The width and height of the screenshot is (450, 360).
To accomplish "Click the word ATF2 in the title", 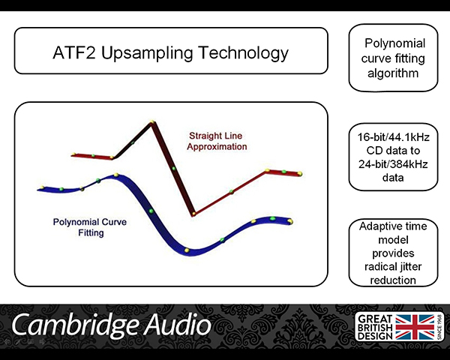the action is click(x=73, y=52).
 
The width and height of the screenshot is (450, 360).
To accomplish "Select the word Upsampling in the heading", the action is click(x=147, y=53).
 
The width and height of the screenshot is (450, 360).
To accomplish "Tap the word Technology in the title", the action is click(x=243, y=53).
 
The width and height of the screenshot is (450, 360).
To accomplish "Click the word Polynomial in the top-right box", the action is click(x=394, y=43).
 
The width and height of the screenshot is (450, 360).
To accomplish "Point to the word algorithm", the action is click(x=393, y=73).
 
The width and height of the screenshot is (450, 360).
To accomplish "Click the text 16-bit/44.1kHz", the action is click(x=393, y=137).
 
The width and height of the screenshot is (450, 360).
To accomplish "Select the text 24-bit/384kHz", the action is click(x=393, y=164).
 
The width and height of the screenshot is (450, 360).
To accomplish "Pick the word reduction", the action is click(x=393, y=280).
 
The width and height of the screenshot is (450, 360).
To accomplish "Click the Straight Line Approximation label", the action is click(x=217, y=141).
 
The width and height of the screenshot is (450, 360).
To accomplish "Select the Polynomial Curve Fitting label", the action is click(x=90, y=227).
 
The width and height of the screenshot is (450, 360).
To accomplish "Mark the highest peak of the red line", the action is click(x=152, y=122).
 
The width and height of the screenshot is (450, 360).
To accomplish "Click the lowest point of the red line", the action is click(x=193, y=214).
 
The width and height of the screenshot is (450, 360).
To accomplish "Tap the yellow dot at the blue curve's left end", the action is click(x=42, y=187).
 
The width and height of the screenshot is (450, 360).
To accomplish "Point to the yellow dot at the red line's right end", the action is click(x=299, y=173).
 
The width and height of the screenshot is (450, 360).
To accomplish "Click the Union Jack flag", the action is click(x=415, y=327).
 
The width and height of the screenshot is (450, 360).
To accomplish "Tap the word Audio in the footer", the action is click(x=176, y=325).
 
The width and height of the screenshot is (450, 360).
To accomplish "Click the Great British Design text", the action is click(x=375, y=327).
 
